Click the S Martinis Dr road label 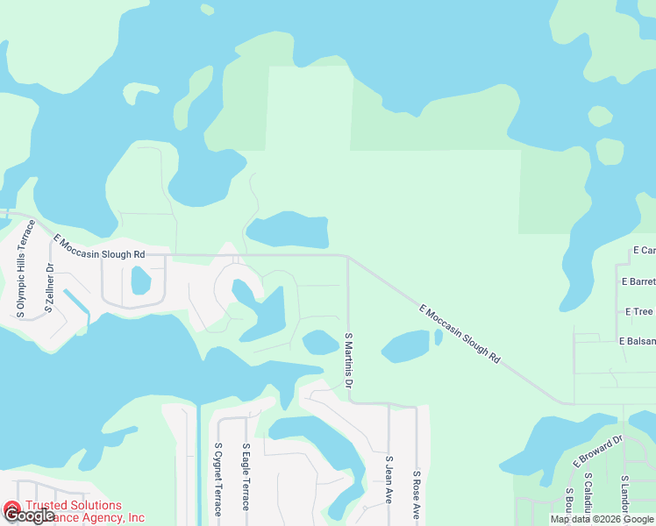click(348, 360)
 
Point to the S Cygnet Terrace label click(218, 479)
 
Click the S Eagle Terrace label click(246, 477)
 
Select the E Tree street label click(638, 311)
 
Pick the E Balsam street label click(636, 340)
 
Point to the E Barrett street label click(638, 281)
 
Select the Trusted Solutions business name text click(74, 505)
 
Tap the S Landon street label click(624, 499)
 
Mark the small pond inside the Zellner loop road click(140, 281)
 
